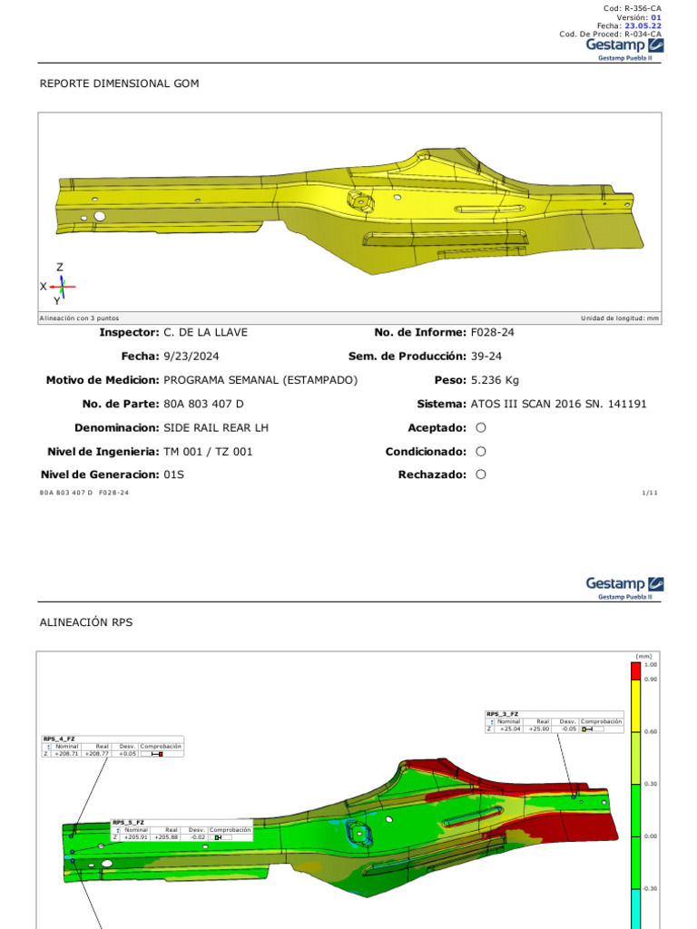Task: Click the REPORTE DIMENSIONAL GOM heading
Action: coord(119,83)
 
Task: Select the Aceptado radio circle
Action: coord(481,427)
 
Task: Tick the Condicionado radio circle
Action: coord(481,451)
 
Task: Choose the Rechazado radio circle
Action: coord(481,474)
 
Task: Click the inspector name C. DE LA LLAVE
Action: coord(205,333)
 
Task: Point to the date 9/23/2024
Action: coord(191,357)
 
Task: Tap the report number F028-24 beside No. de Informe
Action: coord(493,333)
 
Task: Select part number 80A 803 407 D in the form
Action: coord(203,404)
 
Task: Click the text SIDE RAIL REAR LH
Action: coord(216,427)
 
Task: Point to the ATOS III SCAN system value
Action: coord(558,404)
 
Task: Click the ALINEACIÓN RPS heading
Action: coord(86,622)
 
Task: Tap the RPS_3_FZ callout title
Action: coord(502,714)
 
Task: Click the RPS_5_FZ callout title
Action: coord(128,822)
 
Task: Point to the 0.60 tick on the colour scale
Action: coord(650,731)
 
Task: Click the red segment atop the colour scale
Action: coord(636,670)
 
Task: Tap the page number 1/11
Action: coord(649,493)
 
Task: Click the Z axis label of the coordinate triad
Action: coord(60,268)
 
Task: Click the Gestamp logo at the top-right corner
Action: coord(624,45)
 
